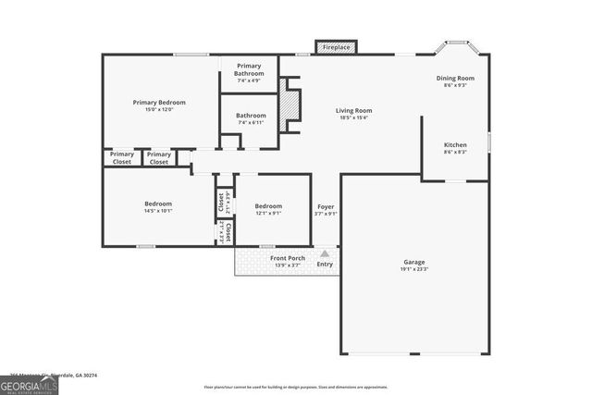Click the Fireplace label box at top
click(x=335, y=46)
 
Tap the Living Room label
click(x=353, y=110)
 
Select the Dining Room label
click(x=455, y=79)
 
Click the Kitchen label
click(x=455, y=145)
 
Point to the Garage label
click(x=413, y=262)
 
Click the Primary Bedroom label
click(x=159, y=103)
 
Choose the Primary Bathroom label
click(x=249, y=69)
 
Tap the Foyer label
click(x=326, y=206)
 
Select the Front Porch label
click(x=288, y=258)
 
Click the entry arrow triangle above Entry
click(x=324, y=252)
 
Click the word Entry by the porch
click(x=325, y=265)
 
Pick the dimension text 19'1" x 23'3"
click(x=414, y=269)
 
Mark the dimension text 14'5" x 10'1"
click(x=157, y=211)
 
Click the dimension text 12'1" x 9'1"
click(x=268, y=213)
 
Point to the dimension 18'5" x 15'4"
click(x=353, y=117)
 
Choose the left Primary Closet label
click(x=121, y=158)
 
